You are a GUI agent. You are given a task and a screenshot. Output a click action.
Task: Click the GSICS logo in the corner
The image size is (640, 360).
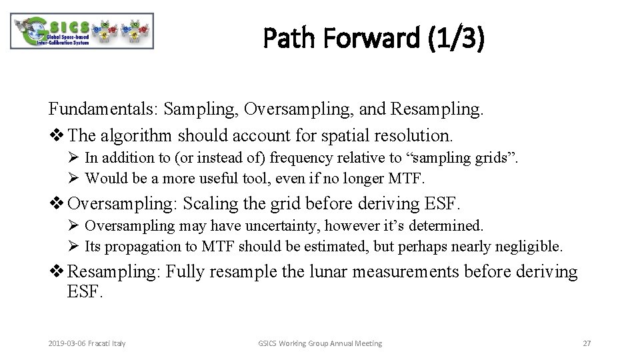82,31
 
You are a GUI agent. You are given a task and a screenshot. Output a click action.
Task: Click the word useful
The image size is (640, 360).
227,178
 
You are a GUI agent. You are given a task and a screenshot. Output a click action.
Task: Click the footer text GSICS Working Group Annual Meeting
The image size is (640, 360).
320,343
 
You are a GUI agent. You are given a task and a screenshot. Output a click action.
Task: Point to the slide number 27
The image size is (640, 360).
587,343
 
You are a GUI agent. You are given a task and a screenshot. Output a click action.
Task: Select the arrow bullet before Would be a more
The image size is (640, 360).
73,179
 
